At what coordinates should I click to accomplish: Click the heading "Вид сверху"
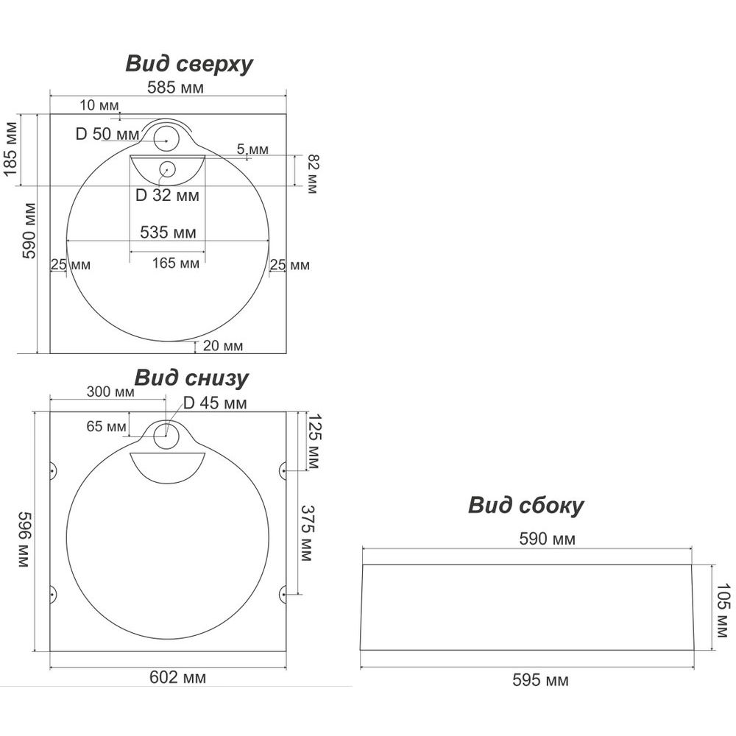189,64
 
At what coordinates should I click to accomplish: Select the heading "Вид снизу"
191,378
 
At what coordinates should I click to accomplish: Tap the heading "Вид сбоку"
526,506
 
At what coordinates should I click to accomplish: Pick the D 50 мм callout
107,135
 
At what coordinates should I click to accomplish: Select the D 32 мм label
167,196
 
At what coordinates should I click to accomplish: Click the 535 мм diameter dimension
169,233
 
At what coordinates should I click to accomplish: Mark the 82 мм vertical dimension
312,174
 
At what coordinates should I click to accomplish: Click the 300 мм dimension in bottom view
110,392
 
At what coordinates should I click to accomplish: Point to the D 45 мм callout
215,403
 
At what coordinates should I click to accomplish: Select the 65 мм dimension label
106,426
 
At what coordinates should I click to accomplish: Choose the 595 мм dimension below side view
540,681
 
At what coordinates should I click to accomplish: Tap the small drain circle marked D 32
167,169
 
